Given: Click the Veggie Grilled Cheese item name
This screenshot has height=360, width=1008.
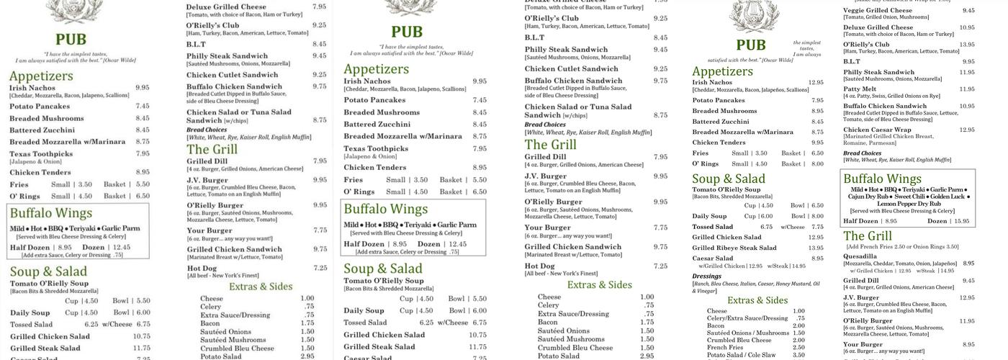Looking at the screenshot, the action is point(878,11).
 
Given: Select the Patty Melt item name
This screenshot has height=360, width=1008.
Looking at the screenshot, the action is point(860,89).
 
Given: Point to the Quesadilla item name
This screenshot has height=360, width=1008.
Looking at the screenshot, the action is point(860,256).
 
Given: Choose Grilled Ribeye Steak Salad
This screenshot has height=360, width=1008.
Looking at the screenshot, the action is point(734,248).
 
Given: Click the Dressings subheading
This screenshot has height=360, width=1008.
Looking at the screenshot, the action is point(706,276).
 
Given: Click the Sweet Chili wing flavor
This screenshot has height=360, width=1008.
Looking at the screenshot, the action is point(909,197).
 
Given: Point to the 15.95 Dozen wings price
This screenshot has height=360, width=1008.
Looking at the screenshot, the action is point(961,221).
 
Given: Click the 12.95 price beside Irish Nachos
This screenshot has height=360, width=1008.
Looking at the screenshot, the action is point(816,83).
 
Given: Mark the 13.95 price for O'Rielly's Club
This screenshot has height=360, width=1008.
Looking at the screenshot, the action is point(966,45).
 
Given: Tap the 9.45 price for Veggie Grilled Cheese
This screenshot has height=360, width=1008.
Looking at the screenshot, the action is point(968,11).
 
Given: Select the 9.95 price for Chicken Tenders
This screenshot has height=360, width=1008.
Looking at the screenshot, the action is point(817,143).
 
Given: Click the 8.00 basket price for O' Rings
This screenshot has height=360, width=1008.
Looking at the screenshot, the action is point(817,164).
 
